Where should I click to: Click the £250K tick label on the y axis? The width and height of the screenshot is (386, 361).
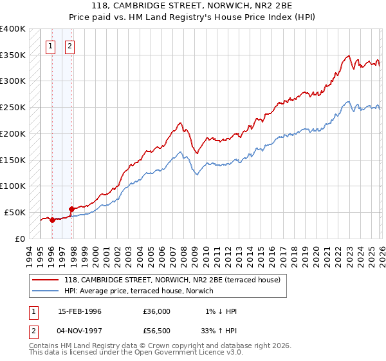point(13,108)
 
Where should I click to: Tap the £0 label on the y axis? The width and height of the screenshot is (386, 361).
point(20,239)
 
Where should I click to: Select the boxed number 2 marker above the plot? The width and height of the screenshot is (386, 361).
point(70,46)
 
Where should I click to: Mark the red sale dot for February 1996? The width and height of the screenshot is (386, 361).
point(52,220)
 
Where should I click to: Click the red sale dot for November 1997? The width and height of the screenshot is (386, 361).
point(71,209)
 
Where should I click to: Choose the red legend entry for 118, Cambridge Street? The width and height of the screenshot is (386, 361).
point(172,280)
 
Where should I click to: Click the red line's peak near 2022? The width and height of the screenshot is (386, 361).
point(348,56)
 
